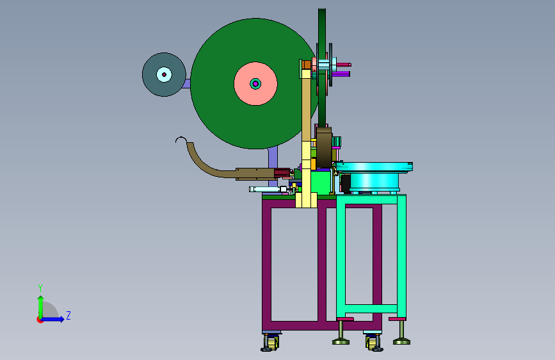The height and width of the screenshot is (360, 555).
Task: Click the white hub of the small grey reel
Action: (164, 74)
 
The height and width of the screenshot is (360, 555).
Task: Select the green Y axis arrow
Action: (41, 307)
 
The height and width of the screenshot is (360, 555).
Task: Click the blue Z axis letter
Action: (68, 315)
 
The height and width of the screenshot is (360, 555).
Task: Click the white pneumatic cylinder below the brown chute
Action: (268, 189)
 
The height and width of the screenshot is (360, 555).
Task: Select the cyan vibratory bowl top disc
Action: (374, 167)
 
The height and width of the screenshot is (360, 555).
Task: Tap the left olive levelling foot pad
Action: (341, 341)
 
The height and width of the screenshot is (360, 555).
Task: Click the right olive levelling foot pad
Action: (402, 341)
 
